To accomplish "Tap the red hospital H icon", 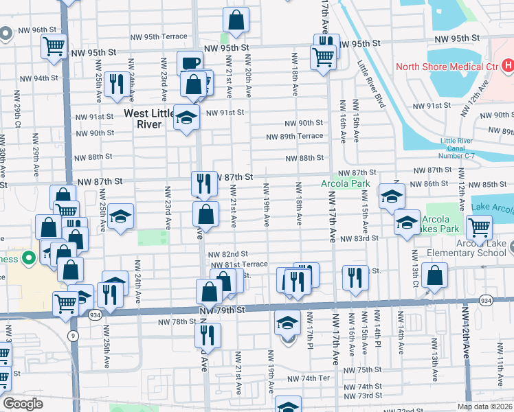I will [508, 67].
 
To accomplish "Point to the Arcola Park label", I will [345, 183].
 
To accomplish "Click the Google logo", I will [22, 404].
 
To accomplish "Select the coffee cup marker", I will [190, 64].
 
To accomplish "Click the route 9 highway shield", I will [72, 336].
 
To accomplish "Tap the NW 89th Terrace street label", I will [295, 136].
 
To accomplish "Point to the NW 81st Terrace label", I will [239, 264].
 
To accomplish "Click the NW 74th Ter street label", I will [309, 378].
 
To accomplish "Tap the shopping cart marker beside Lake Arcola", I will [479, 227].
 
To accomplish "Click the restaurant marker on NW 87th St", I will [204, 183].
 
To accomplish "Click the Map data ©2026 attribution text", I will [484, 407].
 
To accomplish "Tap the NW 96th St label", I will [36, 30].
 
